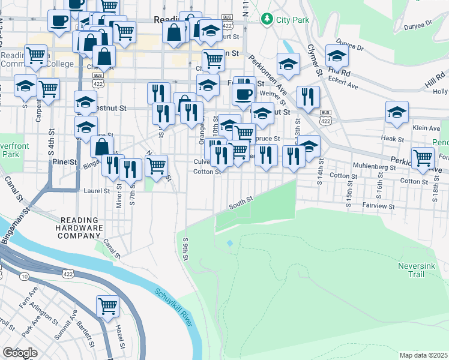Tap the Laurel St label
click(98, 191)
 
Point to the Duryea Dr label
click(420, 24)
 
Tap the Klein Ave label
click(427, 128)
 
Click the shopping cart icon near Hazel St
click(108, 306)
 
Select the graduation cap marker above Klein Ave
click(397, 112)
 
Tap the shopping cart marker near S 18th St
click(423, 158)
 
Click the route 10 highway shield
click(24, 276)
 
